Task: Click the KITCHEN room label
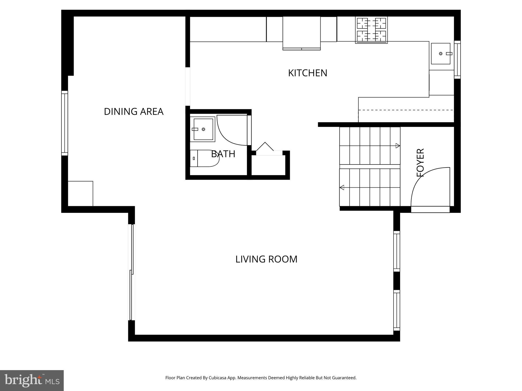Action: pos(307,73)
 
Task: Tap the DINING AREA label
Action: pos(134,111)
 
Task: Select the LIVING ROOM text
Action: pos(266,259)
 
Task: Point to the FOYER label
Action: pos(420,163)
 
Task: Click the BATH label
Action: pos(223,154)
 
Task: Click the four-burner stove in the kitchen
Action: pos(371,30)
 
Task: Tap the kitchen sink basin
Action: pos(440,53)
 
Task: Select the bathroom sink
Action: pos(203,129)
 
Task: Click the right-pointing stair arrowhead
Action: pos(398,146)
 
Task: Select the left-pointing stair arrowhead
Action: pos(342,188)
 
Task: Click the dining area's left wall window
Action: pos(65,123)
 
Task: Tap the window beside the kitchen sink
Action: pos(457,60)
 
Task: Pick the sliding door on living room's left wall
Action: pos(131,272)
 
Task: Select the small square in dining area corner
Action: pos(80,193)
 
